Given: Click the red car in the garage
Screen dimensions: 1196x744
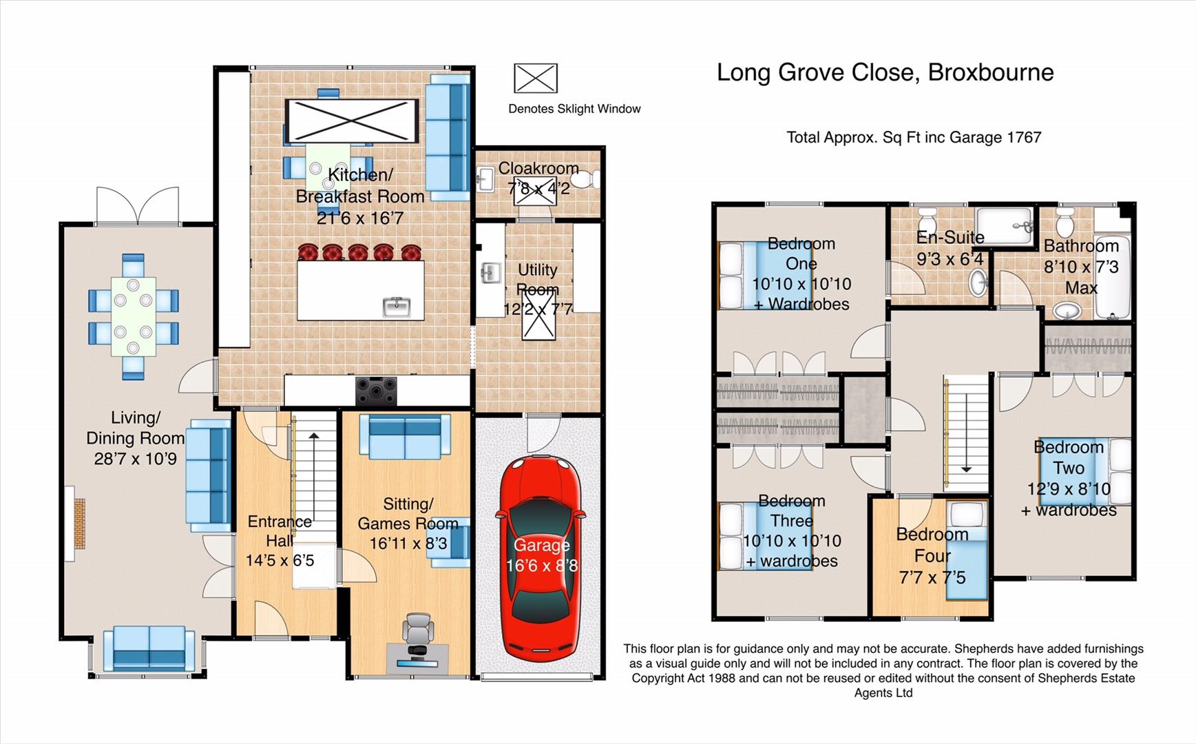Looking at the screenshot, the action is click(x=541, y=559).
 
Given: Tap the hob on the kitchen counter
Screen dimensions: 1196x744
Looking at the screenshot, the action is click(x=376, y=391).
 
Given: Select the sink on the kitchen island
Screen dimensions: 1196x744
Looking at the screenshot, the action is click(x=397, y=307).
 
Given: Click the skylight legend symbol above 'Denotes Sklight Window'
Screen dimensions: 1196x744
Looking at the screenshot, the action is click(x=536, y=78).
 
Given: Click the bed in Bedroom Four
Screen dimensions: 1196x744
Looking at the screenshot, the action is click(x=967, y=551).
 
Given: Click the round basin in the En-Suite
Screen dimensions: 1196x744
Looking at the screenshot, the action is click(x=978, y=282).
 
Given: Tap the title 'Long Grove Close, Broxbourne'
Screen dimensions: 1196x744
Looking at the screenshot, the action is click(x=885, y=72).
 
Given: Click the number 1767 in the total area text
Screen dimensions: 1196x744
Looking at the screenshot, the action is click(x=1024, y=137).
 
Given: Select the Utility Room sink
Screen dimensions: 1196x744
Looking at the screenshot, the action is click(x=491, y=273).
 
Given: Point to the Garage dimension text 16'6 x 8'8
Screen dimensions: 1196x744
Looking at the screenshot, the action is click(x=542, y=566).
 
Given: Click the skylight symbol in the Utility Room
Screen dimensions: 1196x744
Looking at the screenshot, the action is click(x=539, y=315).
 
